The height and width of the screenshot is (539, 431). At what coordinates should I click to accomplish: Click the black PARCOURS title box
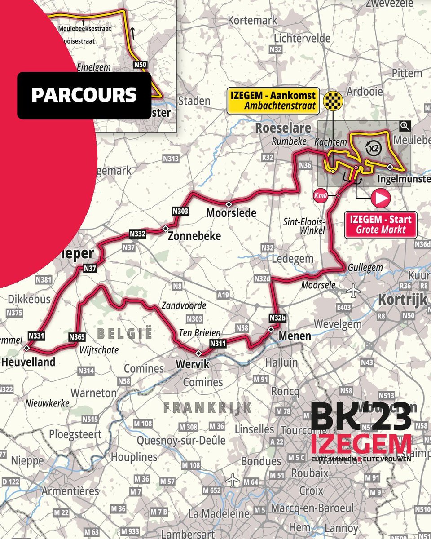pos(84,95)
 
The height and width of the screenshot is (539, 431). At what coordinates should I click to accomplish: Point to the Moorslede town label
pos(231,212)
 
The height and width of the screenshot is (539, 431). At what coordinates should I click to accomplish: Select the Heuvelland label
pos(28,362)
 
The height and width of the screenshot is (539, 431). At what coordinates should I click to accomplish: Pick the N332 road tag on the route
pos(138,233)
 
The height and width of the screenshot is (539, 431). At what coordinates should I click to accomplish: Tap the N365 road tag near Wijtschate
pos(77,336)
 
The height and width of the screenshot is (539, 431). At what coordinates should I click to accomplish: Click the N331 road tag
pos(36,336)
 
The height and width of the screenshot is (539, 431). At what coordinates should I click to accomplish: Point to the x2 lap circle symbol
pos(372,147)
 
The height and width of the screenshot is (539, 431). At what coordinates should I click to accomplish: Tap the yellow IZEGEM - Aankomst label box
pos(273,101)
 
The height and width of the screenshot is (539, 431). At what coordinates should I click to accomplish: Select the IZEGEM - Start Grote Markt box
pos(380,225)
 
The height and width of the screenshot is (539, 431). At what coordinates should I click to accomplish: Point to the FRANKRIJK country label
pos(207,407)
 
